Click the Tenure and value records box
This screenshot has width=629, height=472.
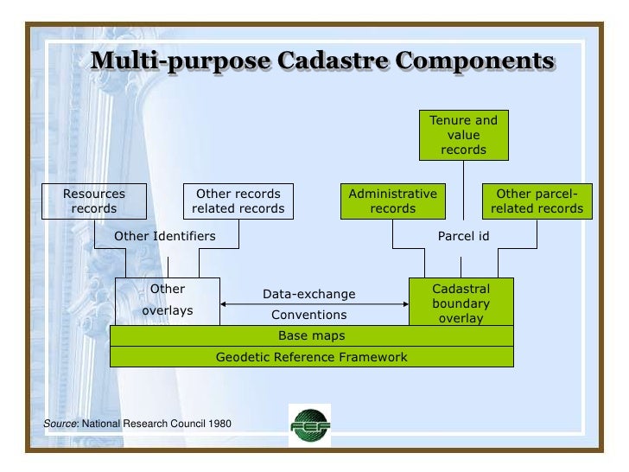[x=463, y=135]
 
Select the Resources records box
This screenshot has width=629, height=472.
[x=94, y=201]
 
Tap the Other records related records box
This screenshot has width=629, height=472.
[x=238, y=201]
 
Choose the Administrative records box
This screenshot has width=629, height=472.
[x=392, y=201]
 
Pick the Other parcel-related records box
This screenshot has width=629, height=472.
[x=537, y=201]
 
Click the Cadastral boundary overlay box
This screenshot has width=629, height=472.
[x=461, y=302]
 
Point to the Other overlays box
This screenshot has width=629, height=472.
[x=168, y=300]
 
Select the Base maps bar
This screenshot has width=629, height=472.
[x=311, y=335]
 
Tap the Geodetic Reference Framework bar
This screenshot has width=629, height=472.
[x=311, y=356]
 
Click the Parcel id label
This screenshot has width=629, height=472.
[x=464, y=235]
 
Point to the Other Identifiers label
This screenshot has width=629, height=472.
[x=165, y=235]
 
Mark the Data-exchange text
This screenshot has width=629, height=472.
[x=308, y=294]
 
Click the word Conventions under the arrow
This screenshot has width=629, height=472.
[x=308, y=315]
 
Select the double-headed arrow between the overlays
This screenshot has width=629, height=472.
[x=314, y=304]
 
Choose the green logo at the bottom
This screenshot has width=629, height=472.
[x=309, y=424]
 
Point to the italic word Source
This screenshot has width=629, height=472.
[x=60, y=424]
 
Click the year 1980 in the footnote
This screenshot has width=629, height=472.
[x=218, y=424]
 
